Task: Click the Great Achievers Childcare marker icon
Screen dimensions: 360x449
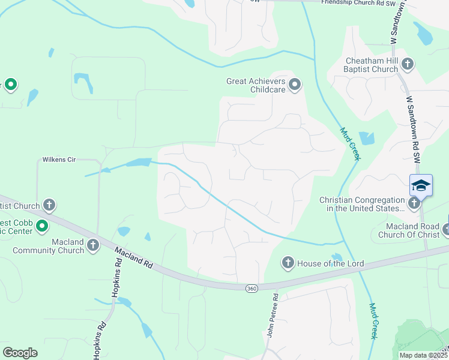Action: (294, 85)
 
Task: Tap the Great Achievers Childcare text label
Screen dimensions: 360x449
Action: (256, 85)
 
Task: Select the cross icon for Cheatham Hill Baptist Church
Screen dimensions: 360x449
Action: (408, 64)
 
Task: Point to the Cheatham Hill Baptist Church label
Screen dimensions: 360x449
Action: (372, 65)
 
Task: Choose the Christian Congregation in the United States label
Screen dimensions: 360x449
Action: (362, 204)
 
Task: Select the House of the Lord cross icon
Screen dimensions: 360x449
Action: (288, 263)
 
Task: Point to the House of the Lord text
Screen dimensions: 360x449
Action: (322, 263)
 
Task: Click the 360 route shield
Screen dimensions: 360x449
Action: (251, 289)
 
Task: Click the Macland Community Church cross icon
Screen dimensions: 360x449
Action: (92, 245)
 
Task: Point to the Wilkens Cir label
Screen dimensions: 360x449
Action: (58, 160)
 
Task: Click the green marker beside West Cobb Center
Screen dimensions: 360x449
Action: (41, 226)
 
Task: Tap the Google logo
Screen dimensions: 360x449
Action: (20, 352)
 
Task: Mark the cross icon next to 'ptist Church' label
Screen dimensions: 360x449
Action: (49, 206)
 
